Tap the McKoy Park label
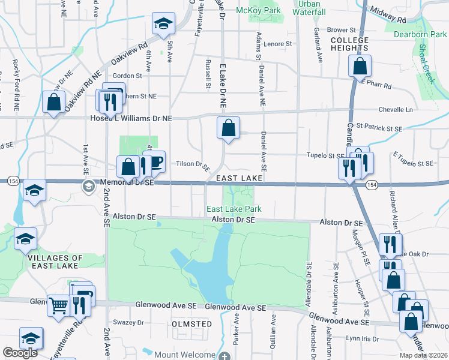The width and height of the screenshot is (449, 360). (x=259, y=11)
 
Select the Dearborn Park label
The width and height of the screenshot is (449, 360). (x=418, y=34)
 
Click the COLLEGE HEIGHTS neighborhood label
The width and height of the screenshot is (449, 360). (x=349, y=44)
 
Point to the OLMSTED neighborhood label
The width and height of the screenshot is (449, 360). (x=192, y=324)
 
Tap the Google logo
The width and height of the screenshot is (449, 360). (x=20, y=353)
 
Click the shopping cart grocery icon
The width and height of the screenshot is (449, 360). (x=58, y=305)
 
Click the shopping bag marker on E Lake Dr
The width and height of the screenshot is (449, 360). (x=228, y=127)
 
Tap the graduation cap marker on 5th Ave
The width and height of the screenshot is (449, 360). (x=162, y=24)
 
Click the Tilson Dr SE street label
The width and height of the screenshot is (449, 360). (x=193, y=164)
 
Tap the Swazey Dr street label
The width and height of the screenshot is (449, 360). (x=132, y=322)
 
